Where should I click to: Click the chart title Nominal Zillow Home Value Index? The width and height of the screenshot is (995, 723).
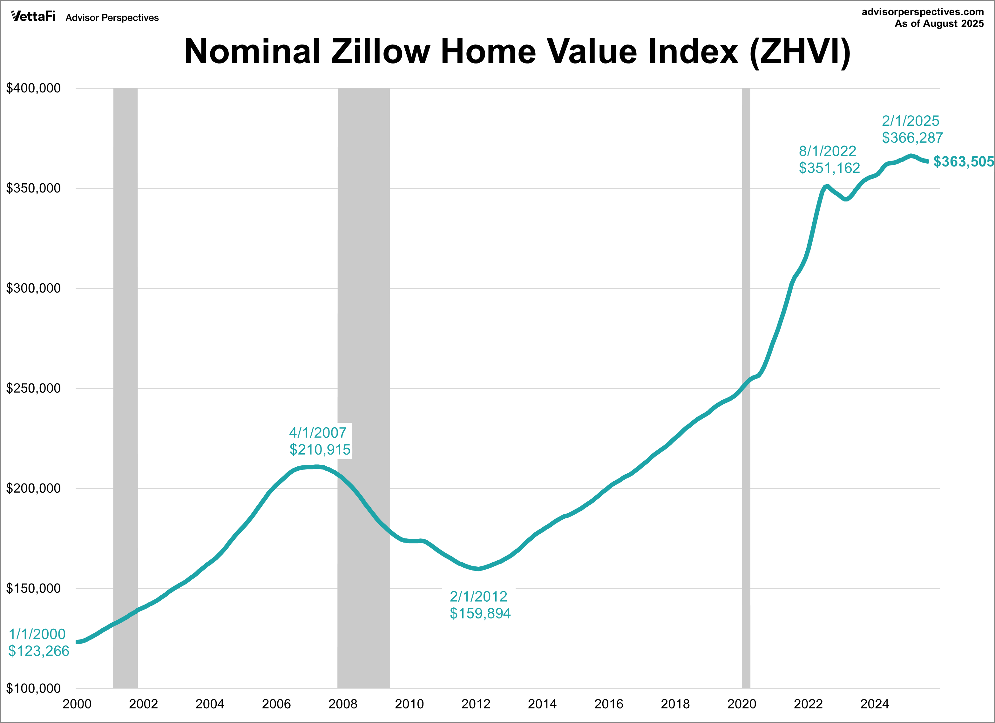(518, 52)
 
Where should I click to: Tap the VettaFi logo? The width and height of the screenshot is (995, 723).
(33, 17)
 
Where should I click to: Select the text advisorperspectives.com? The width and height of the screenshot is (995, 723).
(923, 12)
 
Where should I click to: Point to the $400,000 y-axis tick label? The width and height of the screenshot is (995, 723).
(33, 88)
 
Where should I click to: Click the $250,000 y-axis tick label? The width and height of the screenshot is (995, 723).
(33, 388)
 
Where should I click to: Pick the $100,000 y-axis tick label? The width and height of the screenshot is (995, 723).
(33, 688)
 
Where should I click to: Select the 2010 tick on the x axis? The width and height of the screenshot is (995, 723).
(409, 704)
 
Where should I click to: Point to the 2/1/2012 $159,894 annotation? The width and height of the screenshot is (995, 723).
(480, 605)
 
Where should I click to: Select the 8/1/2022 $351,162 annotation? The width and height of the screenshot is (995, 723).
(829, 159)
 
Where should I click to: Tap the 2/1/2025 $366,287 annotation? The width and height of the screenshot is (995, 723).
(912, 129)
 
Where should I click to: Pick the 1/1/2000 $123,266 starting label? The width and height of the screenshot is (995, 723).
(39, 642)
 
